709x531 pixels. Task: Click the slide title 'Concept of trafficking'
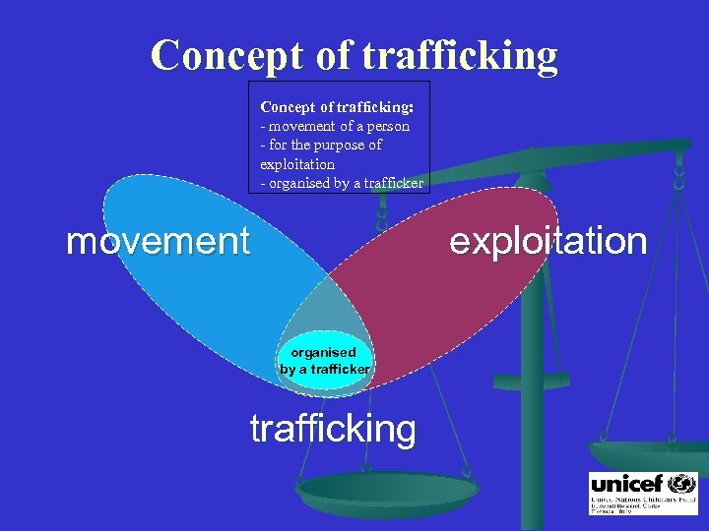(354, 56)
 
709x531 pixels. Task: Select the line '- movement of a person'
(335, 126)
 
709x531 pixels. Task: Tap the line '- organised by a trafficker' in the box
(342, 182)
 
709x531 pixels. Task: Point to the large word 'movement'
(158, 241)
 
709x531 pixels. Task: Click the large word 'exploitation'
(548, 241)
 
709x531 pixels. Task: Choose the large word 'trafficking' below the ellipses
(333, 429)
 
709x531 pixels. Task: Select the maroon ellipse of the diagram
(463, 285)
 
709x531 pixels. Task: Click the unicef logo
(643, 495)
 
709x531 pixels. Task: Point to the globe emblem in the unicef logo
(681, 484)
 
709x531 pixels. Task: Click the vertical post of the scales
(532, 374)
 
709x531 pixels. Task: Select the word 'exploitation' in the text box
(297, 163)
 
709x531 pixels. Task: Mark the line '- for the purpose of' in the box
(321, 145)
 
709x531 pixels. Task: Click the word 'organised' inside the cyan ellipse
(323, 352)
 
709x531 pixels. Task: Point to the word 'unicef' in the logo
(628, 484)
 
